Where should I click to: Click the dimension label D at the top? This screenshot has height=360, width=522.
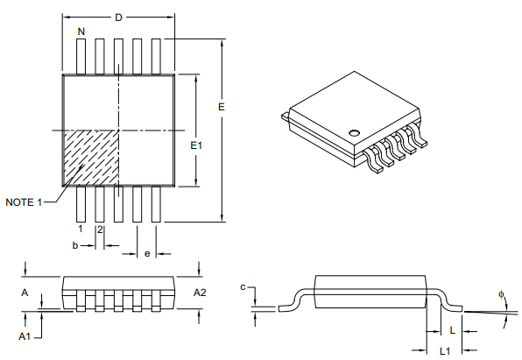(x=118, y=17)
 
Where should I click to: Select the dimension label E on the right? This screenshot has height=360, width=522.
(x=222, y=106)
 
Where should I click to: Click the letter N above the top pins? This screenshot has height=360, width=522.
(x=81, y=32)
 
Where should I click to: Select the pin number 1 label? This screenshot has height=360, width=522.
(x=80, y=229)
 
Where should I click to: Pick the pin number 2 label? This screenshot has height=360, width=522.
(x=100, y=229)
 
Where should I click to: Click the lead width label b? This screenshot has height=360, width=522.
(x=75, y=246)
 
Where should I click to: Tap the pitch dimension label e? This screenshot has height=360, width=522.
(x=146, y=253)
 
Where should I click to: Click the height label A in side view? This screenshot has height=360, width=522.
(x=25, y=292)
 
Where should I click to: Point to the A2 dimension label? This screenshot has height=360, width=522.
(x=201, y=292)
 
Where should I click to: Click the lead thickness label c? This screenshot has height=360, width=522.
(x=243, y=286)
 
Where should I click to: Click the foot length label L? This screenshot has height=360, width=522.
(x=451, y=330)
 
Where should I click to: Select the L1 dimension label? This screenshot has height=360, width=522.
(x=444, y=350)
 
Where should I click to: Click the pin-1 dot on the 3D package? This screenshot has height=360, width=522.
(x=354, y=133)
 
